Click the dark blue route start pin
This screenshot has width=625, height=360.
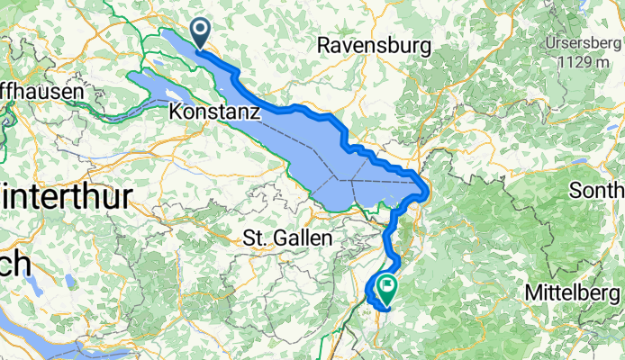[198, 34]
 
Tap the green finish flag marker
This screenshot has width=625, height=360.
[388, 288]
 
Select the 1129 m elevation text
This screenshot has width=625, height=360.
[586, 61]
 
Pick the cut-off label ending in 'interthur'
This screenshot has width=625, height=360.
[67, 196]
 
